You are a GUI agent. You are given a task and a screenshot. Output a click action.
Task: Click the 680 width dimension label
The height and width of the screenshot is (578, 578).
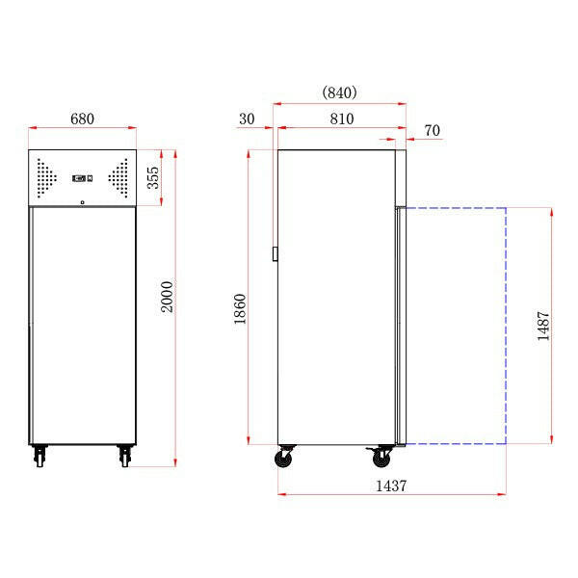82,119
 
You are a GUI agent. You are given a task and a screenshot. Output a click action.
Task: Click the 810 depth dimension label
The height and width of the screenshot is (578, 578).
341,119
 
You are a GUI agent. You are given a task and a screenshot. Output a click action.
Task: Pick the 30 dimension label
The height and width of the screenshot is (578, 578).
246,119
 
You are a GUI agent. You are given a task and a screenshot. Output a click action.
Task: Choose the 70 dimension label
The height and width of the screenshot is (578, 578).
431,130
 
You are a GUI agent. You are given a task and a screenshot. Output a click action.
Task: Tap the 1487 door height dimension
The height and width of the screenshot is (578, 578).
544,326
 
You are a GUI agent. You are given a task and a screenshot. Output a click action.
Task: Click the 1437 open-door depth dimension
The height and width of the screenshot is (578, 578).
390,486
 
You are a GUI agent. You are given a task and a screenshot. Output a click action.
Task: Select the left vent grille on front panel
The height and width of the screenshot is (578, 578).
46,176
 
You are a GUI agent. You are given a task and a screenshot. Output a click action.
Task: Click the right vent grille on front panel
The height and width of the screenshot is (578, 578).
118,176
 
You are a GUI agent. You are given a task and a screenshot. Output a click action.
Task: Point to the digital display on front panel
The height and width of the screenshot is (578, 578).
82,177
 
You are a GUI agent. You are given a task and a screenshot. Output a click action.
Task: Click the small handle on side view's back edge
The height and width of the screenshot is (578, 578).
275,254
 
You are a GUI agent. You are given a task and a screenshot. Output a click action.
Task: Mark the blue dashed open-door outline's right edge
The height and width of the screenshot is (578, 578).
507,326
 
